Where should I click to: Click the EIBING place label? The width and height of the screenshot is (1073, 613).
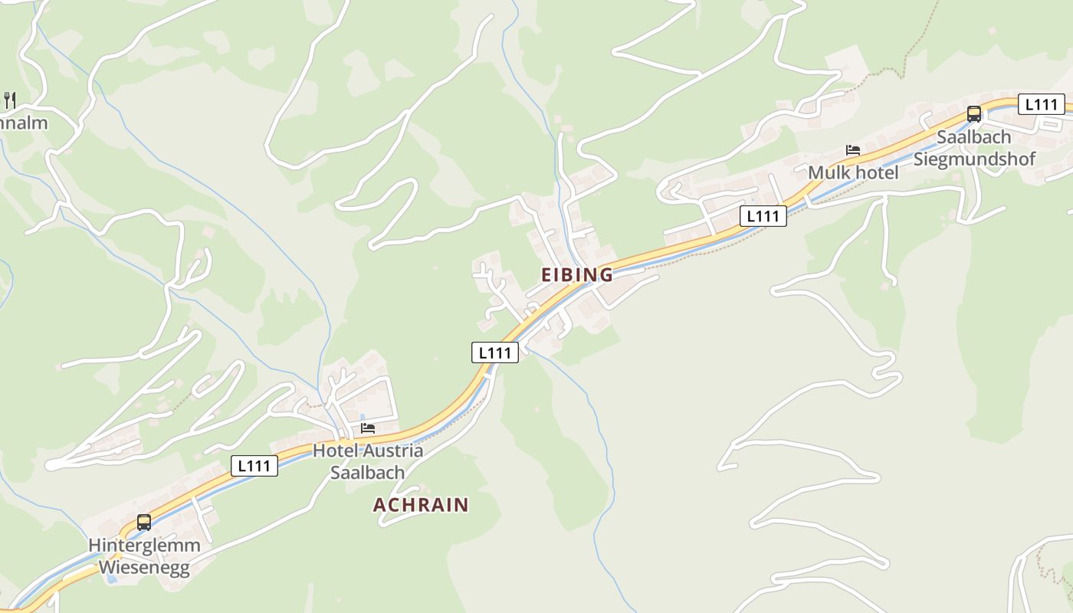pyautogui.click(x=577, y=274)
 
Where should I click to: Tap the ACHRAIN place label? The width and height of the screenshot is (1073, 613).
pyautogui.click(x=421, y=504)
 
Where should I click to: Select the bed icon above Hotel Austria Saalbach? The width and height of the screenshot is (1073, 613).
pyautogui.click(x=368, y=428)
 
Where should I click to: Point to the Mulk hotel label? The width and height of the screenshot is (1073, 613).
pyautogui.click(x=853, y=172)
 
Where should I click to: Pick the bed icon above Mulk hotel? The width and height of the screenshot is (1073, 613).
pyautogui.click(x=853, y=149)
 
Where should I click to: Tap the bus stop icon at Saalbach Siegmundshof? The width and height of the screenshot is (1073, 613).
pyautogui.click(x=973, y=114)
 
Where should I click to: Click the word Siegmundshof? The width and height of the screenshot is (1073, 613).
pyautogui.click(x=974, y=159)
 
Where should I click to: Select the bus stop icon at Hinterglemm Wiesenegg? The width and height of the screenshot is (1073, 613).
pyautogui.click(x=144, y=523)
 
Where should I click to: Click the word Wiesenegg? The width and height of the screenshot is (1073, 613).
pyautogui.click(x=144, y=568)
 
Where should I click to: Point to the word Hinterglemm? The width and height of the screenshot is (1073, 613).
pyautogui.click(x=144, y=546)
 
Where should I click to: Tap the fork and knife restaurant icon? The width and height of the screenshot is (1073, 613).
pyautogui.click(x=10, y=99)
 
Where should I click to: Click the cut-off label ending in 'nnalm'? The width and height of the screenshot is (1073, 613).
pyautogui.click(x=23, y=123)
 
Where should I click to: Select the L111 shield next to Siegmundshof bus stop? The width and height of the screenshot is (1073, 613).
pyautogui.click(x=1041, y=104)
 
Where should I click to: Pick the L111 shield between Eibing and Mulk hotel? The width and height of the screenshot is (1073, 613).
pyautogui.click(x=763, y=216)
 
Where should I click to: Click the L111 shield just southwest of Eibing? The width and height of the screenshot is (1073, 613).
pyautogui.click(x=494, y=352)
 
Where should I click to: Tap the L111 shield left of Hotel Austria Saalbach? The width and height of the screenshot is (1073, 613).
pyautogui.click(x=254, y=465)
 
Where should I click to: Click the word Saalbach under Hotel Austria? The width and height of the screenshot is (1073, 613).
pyautogui.click(x=367, y=472)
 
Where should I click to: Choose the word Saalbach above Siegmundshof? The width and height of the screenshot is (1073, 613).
pyautogui.click(x=974, y=137)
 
